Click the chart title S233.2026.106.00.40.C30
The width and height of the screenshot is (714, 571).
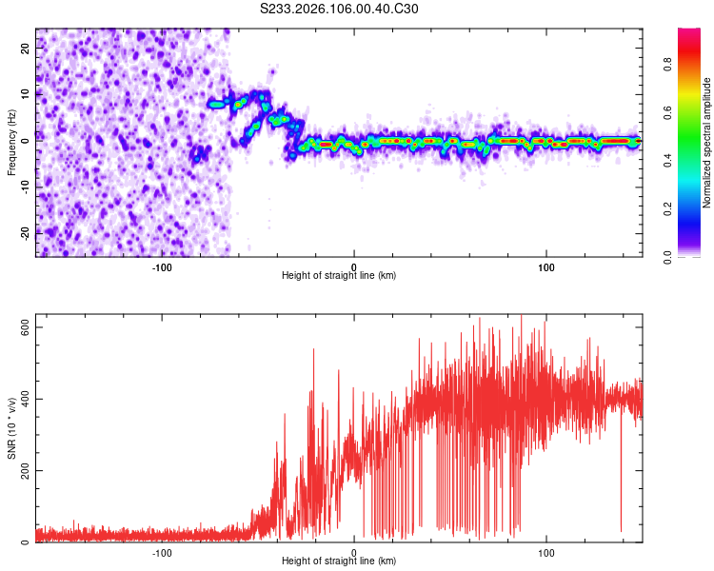click(339, 9)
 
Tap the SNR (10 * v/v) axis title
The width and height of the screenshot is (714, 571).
click(11, 429)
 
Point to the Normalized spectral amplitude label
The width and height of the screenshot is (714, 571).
click(706, 143)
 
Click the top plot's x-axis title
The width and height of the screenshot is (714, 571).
click(339, 275)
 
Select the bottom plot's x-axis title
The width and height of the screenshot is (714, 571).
click(339, 561)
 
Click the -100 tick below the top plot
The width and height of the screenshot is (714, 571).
click(162, 266)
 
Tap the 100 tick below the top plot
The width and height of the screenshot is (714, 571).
click(546, 266)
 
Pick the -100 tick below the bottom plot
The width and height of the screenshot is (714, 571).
click(162, 552)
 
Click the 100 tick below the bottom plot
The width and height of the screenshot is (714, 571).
click(546, 552)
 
